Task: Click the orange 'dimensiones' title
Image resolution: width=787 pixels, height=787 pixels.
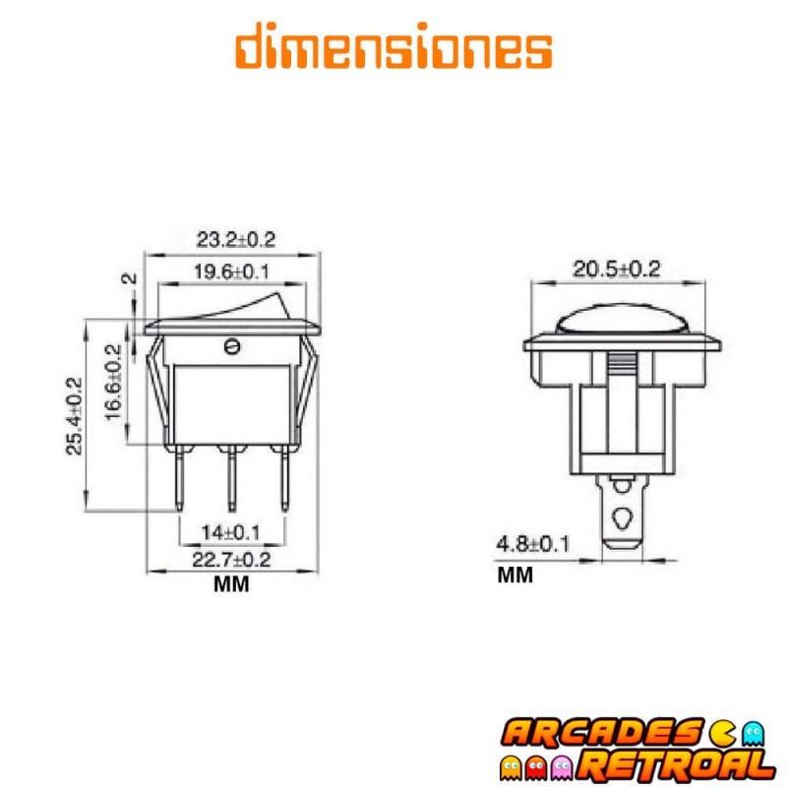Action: [x=393, y=47]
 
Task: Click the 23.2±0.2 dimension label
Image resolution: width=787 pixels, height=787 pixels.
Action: [x=235, y=239]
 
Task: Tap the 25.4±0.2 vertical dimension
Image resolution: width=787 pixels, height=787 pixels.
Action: [x=75, y=416]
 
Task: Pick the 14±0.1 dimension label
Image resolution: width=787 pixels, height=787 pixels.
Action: [x=231, y=532]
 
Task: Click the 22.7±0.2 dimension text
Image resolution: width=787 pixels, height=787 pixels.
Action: [x=231, y=560]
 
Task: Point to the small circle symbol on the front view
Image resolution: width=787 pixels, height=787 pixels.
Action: [x=233, y=345]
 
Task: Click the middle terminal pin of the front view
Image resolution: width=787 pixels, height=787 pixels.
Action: [x=232, y=476]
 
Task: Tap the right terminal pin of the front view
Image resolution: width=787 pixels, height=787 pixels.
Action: [x=285, y=476]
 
